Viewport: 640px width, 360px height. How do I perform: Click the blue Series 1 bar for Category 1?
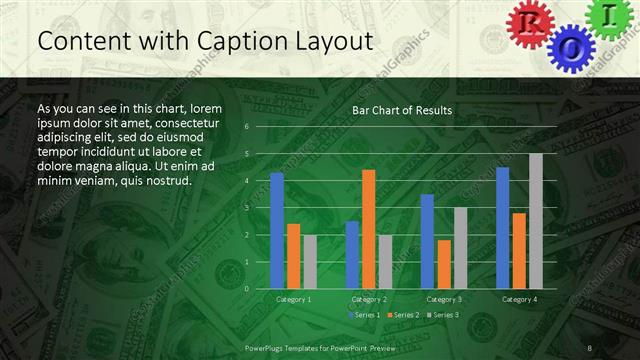(277, 230)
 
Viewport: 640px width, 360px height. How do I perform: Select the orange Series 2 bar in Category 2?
(368, 229)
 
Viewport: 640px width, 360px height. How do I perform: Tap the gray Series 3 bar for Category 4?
(536, 221)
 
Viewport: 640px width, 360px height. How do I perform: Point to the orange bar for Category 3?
(443, 264)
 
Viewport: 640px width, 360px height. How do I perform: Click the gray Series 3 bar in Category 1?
(309, 261)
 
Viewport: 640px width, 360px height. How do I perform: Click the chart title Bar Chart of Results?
(402, 110)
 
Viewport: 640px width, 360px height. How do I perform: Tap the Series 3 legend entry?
(444, 315)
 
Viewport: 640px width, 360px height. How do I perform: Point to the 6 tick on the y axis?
(246, 128)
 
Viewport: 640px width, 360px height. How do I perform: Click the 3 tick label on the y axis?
(246, 208)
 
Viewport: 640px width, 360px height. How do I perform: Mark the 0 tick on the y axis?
(246, 288)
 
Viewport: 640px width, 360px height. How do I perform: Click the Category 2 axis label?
(368, 299)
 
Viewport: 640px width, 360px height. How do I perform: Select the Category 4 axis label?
(519, 299)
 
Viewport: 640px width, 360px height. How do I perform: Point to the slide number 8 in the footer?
(590, 347)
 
